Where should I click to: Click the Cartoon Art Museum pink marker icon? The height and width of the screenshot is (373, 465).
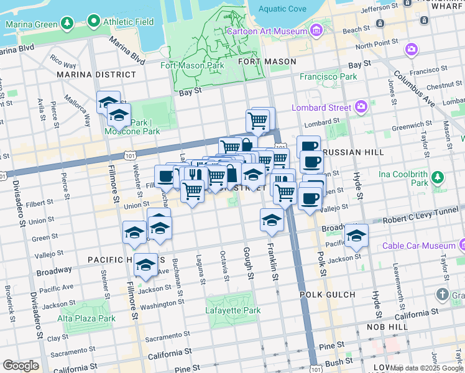coord(316,30)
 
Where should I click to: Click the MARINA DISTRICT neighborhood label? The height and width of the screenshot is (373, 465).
coord(96,75)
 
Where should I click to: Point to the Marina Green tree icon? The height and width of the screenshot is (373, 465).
coord(67,24)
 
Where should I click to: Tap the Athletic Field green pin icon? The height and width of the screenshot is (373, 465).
coord(94,21)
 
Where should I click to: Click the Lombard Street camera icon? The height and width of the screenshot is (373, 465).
coord(361,107)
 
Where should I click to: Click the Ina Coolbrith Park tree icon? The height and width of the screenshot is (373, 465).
coord(438,178)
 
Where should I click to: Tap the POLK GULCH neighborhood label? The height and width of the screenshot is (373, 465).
coord(327,294)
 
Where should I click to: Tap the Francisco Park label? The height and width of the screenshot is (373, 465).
coord(328,76)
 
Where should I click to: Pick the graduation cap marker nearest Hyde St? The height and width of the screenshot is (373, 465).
coord(356,236)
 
